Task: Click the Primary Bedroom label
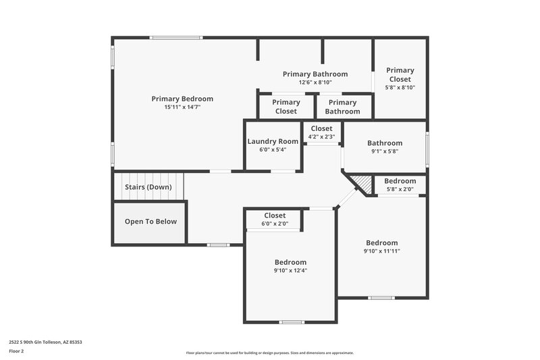tap(182, 99)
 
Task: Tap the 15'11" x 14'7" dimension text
tap(182, 107)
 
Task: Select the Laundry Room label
tap(272, 142)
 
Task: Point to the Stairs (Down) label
tap(148, 186)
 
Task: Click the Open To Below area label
tap(151, 222)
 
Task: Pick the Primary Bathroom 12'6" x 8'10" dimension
tap(315, 82)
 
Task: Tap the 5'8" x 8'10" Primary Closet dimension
tap(400, 87)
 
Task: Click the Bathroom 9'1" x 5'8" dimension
tap(385, 151)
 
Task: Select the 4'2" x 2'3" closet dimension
tap(321, 136)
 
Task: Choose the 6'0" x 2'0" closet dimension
tap(275, 224)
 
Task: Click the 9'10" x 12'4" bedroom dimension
tap(290, 270)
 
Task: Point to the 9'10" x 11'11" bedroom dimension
tap(382, 251)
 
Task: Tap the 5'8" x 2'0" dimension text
tap(400, 189)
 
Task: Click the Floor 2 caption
tap(17, 351)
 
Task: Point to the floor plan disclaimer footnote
tap(270, 353)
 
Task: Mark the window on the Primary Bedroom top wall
tap(167, 38)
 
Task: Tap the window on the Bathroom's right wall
tap(427, 147)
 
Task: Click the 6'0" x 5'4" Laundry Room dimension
tap(272, 150)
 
